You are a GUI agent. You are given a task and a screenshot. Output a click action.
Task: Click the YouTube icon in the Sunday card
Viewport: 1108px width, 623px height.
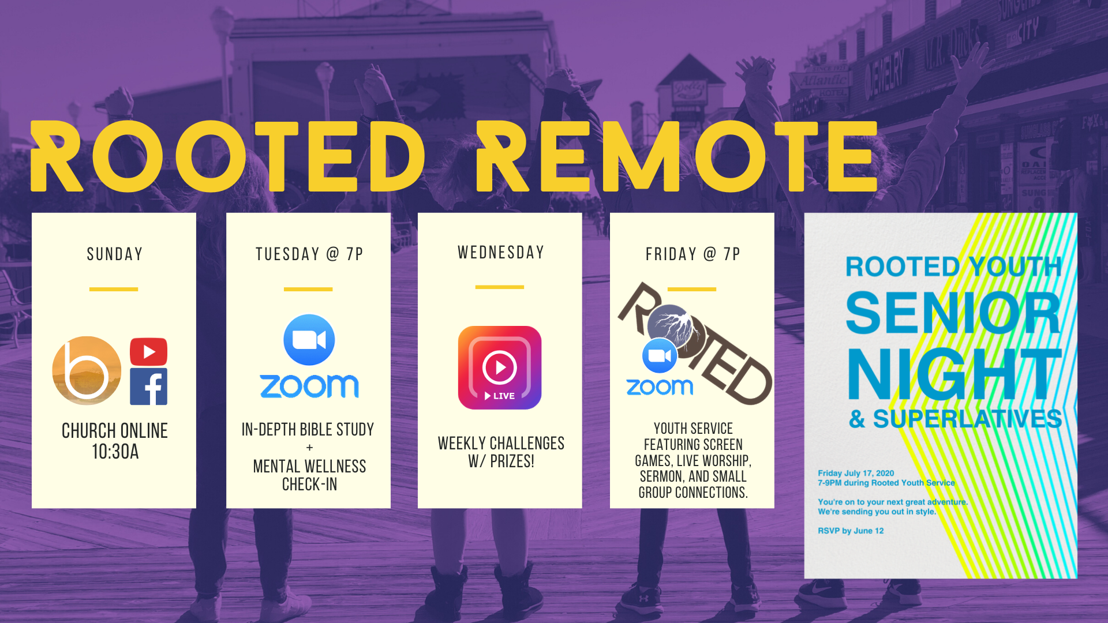148,351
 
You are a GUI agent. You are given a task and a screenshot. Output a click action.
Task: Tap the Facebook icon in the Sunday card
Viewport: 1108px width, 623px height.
148,386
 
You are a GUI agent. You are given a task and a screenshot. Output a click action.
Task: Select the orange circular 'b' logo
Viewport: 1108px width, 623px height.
87,370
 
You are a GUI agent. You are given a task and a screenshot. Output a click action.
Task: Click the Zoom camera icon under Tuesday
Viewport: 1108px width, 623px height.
309,340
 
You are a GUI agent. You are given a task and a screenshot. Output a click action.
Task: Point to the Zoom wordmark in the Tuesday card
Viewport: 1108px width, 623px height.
309,386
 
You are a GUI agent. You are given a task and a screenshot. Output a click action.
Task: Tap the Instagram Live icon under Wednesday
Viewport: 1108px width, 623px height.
500,367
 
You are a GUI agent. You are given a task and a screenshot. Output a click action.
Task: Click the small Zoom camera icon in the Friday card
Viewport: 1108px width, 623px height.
660,356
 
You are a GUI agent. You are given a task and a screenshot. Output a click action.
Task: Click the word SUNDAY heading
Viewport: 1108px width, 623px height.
115,254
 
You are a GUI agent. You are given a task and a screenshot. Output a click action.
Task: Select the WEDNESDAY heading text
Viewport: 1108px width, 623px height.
501,252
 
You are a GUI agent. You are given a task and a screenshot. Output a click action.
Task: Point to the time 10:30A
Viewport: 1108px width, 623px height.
115,452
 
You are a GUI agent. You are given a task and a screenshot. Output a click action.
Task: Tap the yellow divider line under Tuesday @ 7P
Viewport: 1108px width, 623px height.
308,289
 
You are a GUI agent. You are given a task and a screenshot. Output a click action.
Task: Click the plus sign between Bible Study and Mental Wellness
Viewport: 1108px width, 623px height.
310,448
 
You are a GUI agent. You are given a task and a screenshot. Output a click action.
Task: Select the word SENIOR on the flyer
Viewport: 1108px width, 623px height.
953,312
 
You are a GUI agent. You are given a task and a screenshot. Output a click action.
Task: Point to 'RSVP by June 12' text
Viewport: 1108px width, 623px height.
851,531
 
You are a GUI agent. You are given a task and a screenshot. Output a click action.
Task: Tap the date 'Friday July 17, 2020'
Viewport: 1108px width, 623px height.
856,473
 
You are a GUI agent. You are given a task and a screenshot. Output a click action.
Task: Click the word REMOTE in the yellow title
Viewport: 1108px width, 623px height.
677,156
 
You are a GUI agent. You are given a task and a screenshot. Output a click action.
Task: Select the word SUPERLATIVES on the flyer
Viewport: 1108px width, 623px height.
967,419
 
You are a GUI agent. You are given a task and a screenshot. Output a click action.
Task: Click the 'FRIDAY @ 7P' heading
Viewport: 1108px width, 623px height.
692,254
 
